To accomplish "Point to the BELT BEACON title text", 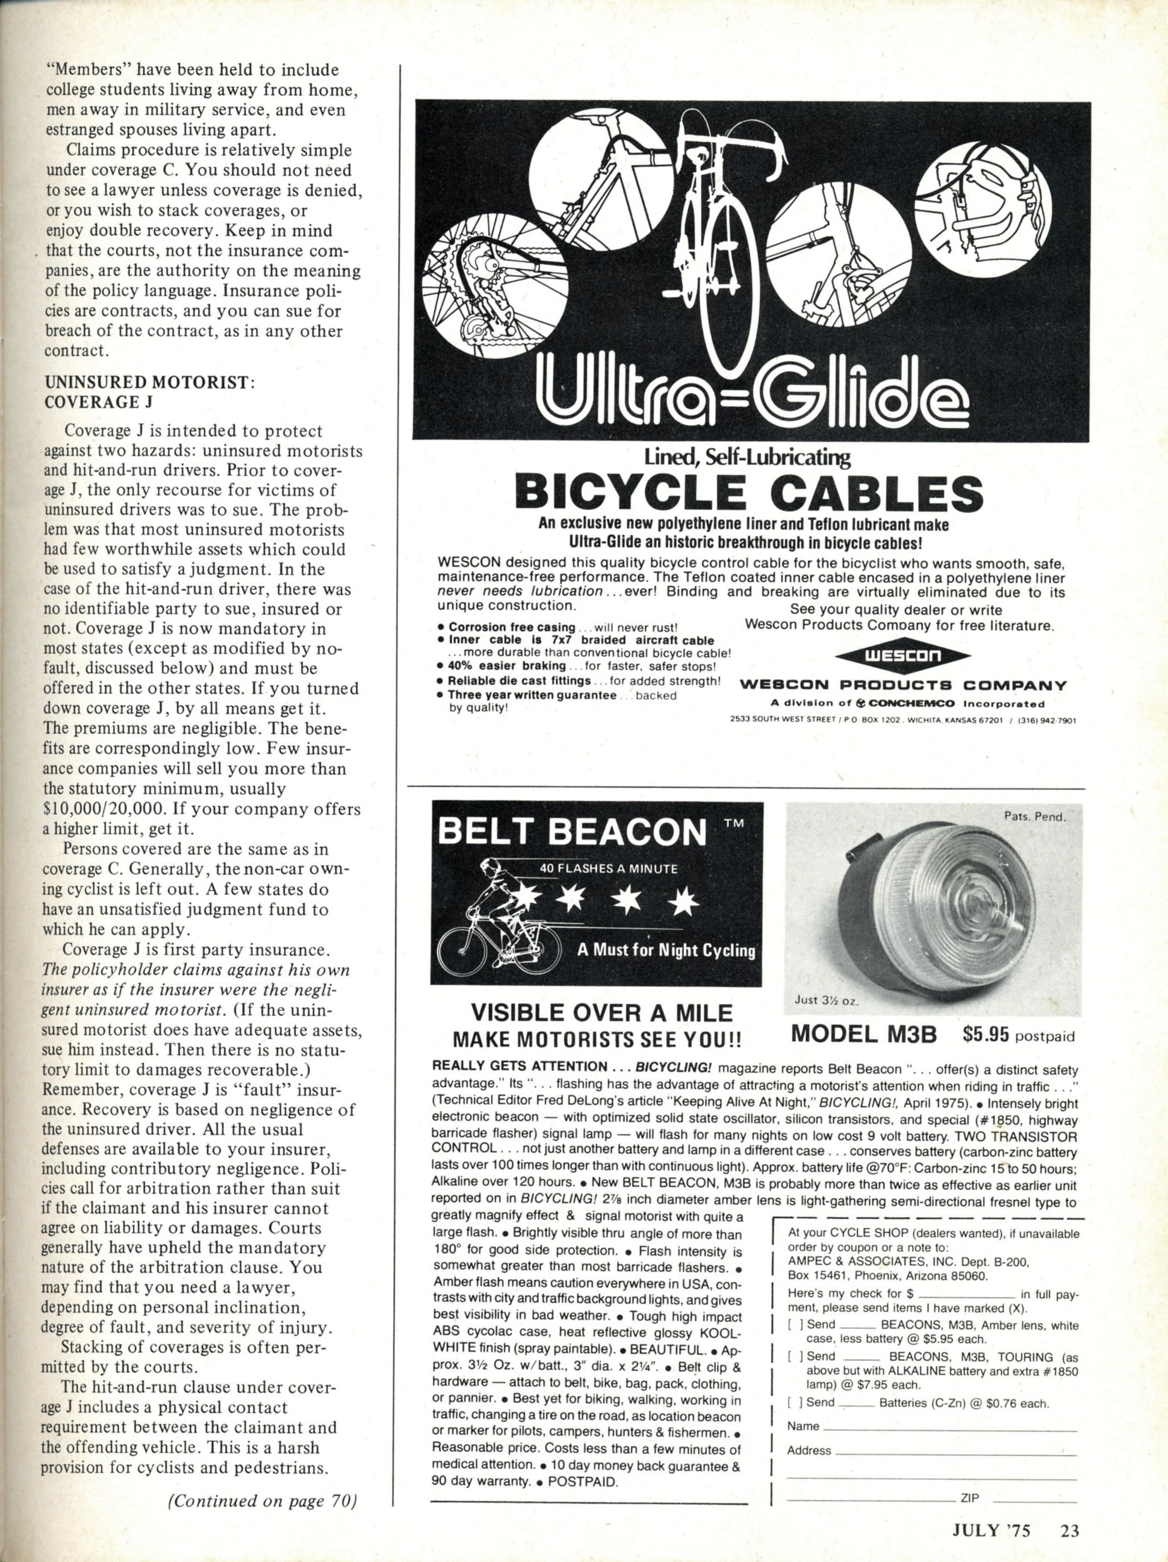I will (x=571, y=833).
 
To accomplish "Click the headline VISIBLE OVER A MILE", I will (x=602, y=1013).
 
